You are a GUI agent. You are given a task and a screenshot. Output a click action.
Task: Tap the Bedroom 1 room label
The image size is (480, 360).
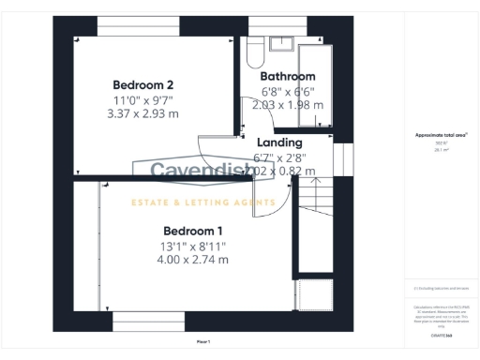point(194,231)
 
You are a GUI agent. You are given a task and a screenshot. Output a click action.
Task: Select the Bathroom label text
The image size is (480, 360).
point(288,77)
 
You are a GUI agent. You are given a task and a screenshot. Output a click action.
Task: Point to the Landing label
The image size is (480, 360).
point(279,142)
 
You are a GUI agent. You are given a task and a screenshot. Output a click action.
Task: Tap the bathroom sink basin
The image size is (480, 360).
point(281,43)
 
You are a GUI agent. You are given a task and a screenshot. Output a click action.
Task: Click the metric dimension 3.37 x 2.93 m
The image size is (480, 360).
point(152,113)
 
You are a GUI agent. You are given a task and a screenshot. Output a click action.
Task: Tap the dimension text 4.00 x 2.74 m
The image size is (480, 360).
point(194,260)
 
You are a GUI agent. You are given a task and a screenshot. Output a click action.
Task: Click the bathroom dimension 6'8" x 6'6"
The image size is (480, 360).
point(288,92)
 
